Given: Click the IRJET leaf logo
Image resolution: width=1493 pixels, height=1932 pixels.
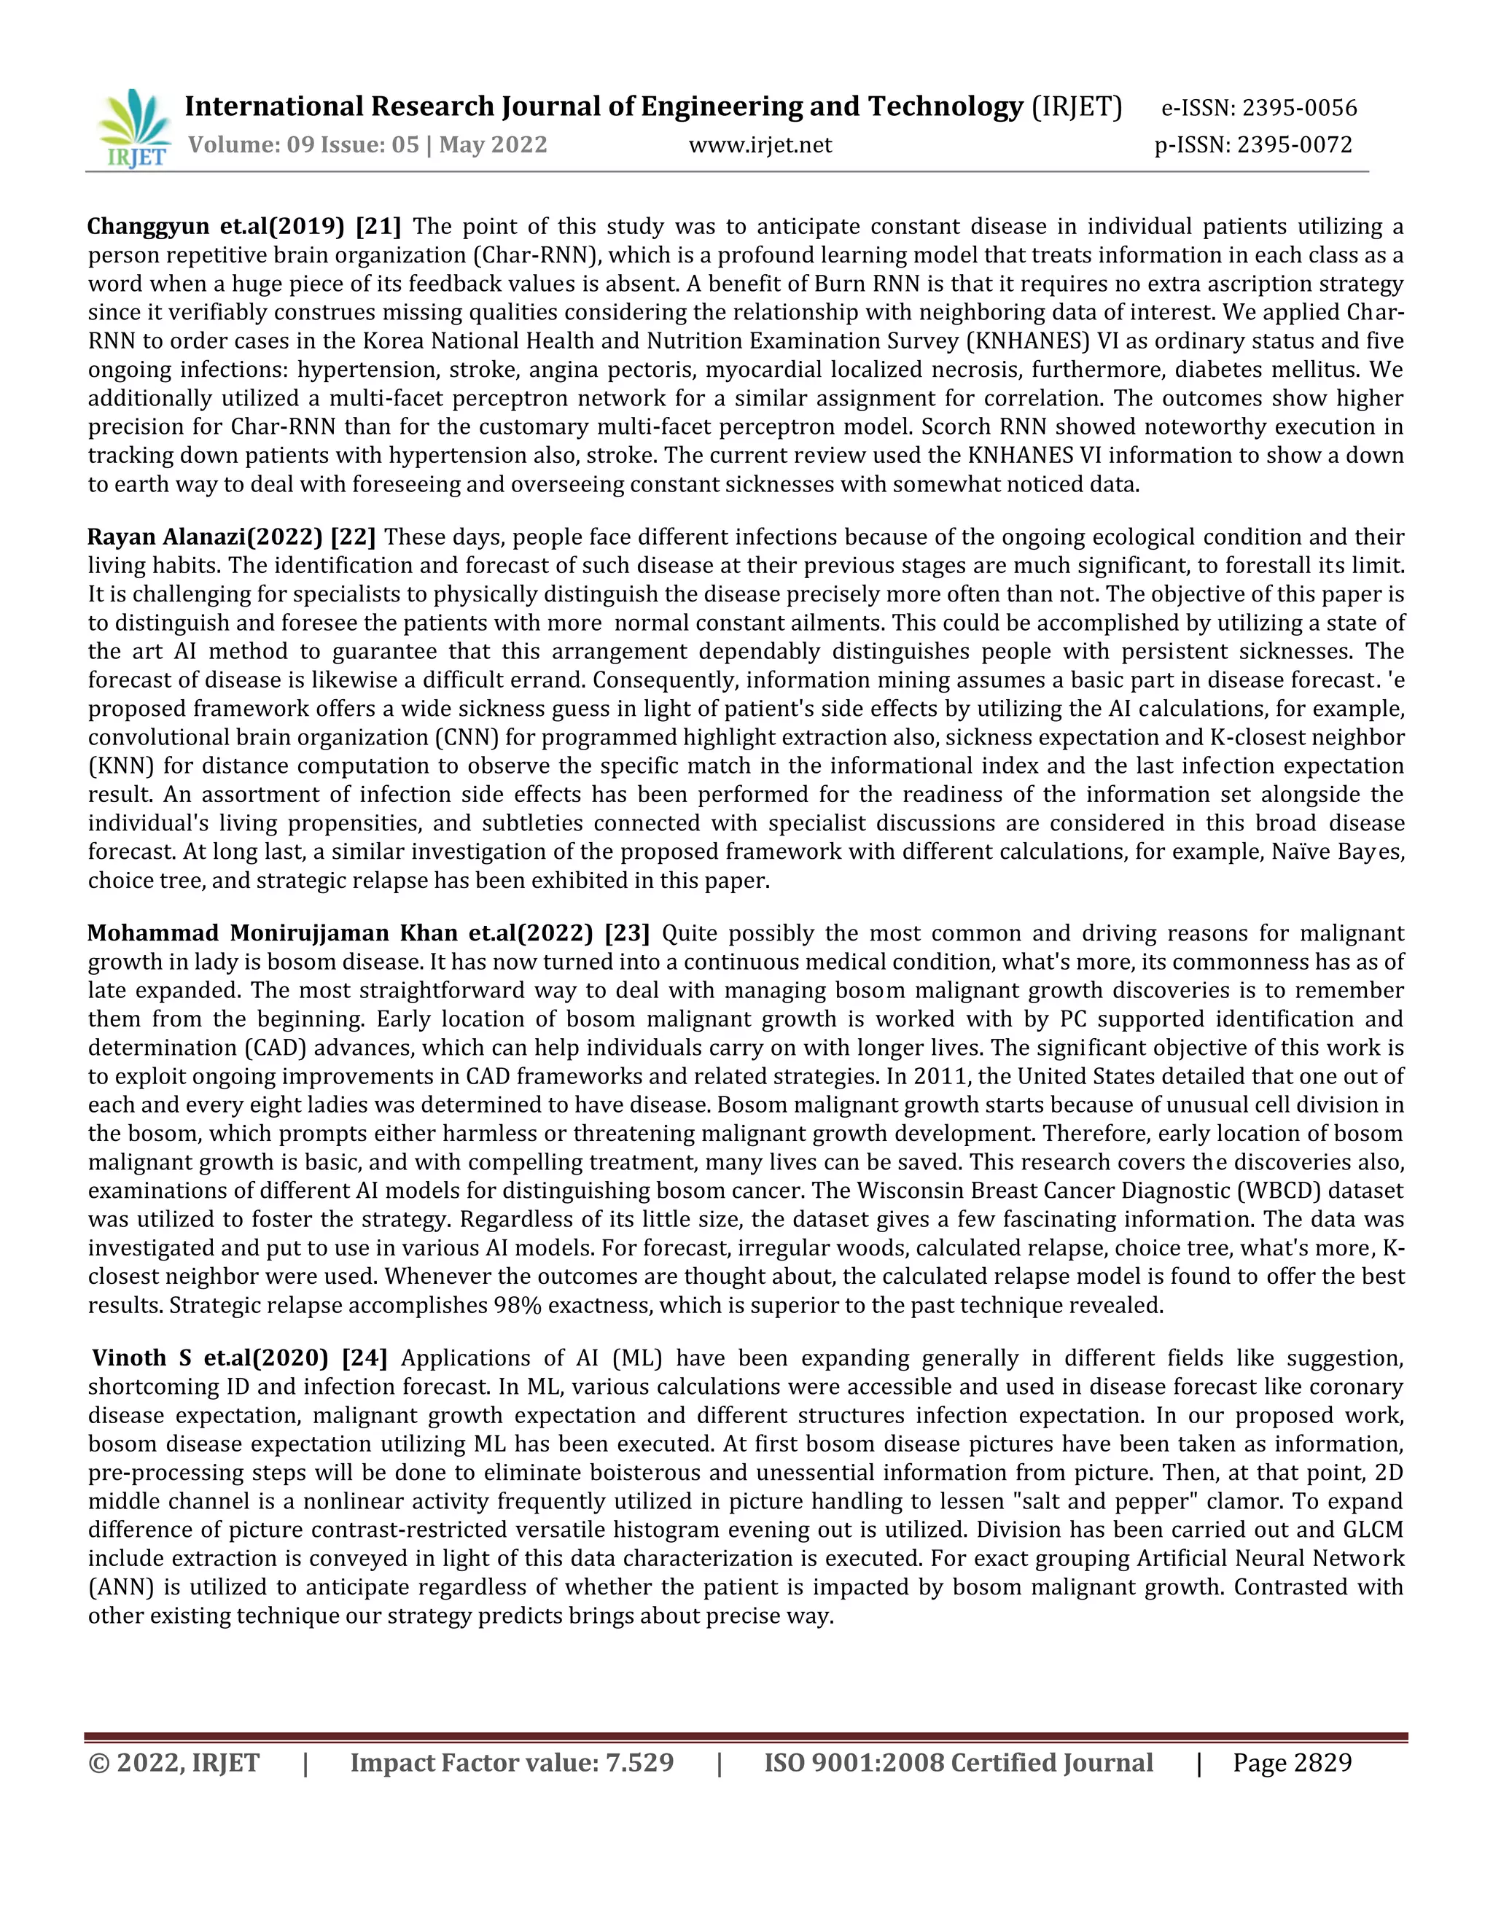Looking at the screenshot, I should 134,129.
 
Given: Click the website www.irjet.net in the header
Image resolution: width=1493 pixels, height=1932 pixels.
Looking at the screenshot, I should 760,144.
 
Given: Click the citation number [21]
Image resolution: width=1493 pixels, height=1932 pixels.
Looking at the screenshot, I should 378,227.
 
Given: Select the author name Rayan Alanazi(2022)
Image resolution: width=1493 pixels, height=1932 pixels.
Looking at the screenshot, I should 204,537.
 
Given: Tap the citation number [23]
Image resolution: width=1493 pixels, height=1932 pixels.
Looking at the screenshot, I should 627,933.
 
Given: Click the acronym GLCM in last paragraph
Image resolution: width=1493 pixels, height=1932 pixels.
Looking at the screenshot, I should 1373,1530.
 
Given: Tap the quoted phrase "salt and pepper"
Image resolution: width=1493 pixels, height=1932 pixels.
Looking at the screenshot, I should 1086,1501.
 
